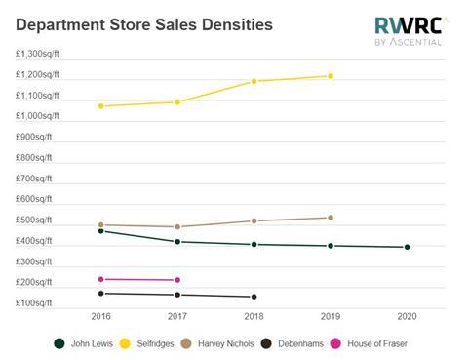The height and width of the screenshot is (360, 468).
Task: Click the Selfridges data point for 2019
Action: coord(331,76)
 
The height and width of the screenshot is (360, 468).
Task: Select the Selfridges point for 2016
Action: coord(100,105)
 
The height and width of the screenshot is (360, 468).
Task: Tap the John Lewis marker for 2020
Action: coord(407,247)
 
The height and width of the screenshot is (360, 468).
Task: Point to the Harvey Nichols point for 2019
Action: coord(331,218)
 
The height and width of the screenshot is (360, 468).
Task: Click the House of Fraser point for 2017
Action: coord(177,280)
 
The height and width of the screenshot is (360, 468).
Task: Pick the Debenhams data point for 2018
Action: coord(253,297)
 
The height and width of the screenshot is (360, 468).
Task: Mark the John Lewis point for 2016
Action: coord(100,231)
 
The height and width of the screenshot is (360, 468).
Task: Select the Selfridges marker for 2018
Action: coord(253,81)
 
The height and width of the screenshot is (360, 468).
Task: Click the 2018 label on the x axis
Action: coord(253,317)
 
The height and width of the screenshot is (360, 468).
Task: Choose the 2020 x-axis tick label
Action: coord(407,317)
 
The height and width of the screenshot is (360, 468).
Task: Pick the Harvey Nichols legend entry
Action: coord(227,343)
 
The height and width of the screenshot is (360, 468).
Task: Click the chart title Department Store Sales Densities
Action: coord(144,22)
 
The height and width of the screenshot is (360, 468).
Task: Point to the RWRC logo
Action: coord(409,30)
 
